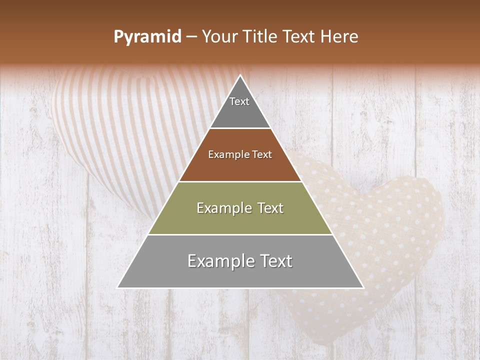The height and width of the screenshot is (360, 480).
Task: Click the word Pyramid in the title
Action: click(x=147, y=37)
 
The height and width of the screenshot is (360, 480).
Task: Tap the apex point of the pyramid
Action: click(x=240, y=76)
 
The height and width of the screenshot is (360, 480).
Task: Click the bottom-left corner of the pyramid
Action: click(x=118, y=287)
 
